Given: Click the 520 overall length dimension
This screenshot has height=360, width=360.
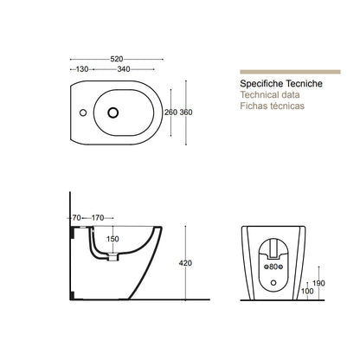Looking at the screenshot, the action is (117, 59).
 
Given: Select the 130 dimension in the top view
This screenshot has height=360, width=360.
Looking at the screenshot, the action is (82, 69).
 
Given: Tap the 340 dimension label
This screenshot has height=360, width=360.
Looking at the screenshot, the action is (124, 69).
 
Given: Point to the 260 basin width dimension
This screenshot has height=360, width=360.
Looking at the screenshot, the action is (170, 112).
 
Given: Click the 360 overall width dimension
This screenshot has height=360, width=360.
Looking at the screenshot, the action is (186, 112).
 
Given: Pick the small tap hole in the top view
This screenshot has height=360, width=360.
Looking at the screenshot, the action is (83, 112).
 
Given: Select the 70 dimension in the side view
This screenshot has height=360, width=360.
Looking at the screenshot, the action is (76, 218).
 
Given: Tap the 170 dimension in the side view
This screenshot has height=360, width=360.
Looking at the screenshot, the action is (98, 218).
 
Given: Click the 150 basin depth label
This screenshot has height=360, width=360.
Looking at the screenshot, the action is (112, 239).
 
